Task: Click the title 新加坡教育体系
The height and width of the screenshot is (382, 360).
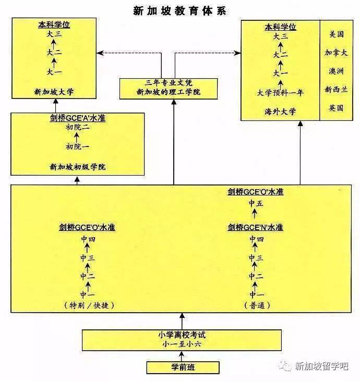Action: point(180,10)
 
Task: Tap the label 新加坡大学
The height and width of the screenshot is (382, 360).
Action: point(54,91)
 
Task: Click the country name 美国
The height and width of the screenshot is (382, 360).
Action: point(337,35)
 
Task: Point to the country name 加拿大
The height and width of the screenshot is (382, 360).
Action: point(336,53)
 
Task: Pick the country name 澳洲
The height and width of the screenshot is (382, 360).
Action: point(336,71)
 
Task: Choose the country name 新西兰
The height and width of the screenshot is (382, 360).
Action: point(336,90)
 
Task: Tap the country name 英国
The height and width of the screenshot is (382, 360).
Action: point(336,108)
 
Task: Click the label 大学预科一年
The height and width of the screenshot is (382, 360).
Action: point(280,93)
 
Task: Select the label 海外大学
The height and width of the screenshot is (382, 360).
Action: point(280,111)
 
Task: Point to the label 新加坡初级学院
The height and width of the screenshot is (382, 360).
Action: point(78,167)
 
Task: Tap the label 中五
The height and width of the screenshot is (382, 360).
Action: point(255,204)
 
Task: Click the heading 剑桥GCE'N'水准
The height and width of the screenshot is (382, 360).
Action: point(255,227)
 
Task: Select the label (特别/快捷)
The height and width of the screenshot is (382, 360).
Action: point(88,305)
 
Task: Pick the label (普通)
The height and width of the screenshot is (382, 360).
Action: point(255,305)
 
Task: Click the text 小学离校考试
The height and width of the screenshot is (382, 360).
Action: point(182,335)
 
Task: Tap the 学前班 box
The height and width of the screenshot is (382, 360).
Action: point(182,367)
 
